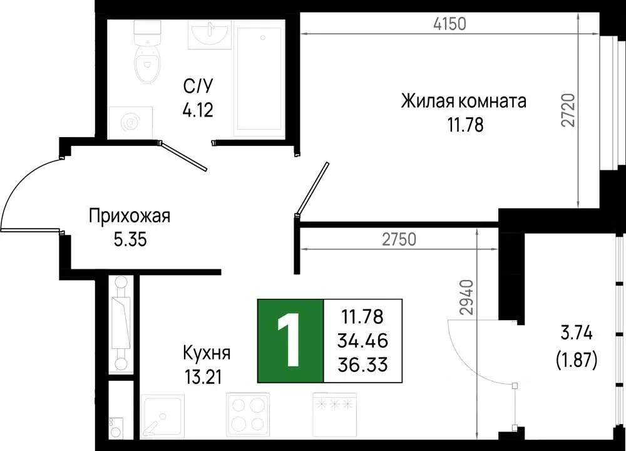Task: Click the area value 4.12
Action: tap(198, 111)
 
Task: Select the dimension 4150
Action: tap(450, 24)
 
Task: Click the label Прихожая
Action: tap(130, 217)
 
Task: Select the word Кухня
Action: tap(207, 353)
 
